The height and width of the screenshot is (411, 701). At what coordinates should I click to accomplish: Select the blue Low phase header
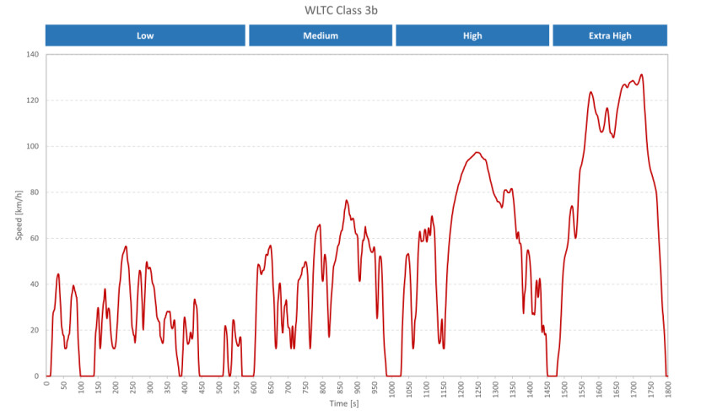[x=145, y=35]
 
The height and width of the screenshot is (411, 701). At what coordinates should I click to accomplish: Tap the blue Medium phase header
[x=321, y=35]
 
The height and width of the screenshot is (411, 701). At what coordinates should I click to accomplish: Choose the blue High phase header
[x=472, y=35]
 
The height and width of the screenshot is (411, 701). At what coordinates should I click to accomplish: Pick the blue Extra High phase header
[x=609, y=35]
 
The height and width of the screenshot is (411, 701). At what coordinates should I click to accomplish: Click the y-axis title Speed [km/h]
[x=19, y=215]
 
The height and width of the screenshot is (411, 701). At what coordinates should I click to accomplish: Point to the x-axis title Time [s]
[x=342, y=404]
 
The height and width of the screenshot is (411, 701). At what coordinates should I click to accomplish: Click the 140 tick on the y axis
[x=34, y=55]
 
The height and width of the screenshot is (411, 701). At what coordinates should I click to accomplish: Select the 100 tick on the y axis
[x=34, y=147]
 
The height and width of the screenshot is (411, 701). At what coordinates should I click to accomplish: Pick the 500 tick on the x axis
[x=219, y=387]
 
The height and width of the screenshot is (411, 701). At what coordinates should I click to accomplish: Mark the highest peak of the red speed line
[x=642, y=74]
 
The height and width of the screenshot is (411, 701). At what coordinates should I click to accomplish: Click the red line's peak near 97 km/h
[x=477, y=153]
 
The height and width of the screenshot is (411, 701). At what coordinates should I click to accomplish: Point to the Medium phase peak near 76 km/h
[x=347, y=201]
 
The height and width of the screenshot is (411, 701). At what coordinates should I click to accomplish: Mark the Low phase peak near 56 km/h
[x=126, y=246]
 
